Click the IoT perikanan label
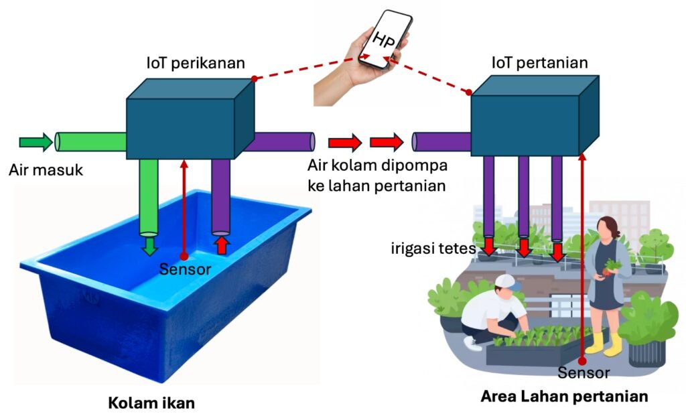point(196,64)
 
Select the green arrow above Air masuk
point(36,141)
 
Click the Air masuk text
point(46,170)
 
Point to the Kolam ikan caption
point(151,403)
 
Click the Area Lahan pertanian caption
point(564,396)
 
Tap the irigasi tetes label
point(433,249)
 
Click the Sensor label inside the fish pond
point(186,270)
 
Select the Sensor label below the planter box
point(584,372)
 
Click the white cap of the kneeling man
point(507,282)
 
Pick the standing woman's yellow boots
point(603,343)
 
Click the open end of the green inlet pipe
point(59,142)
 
